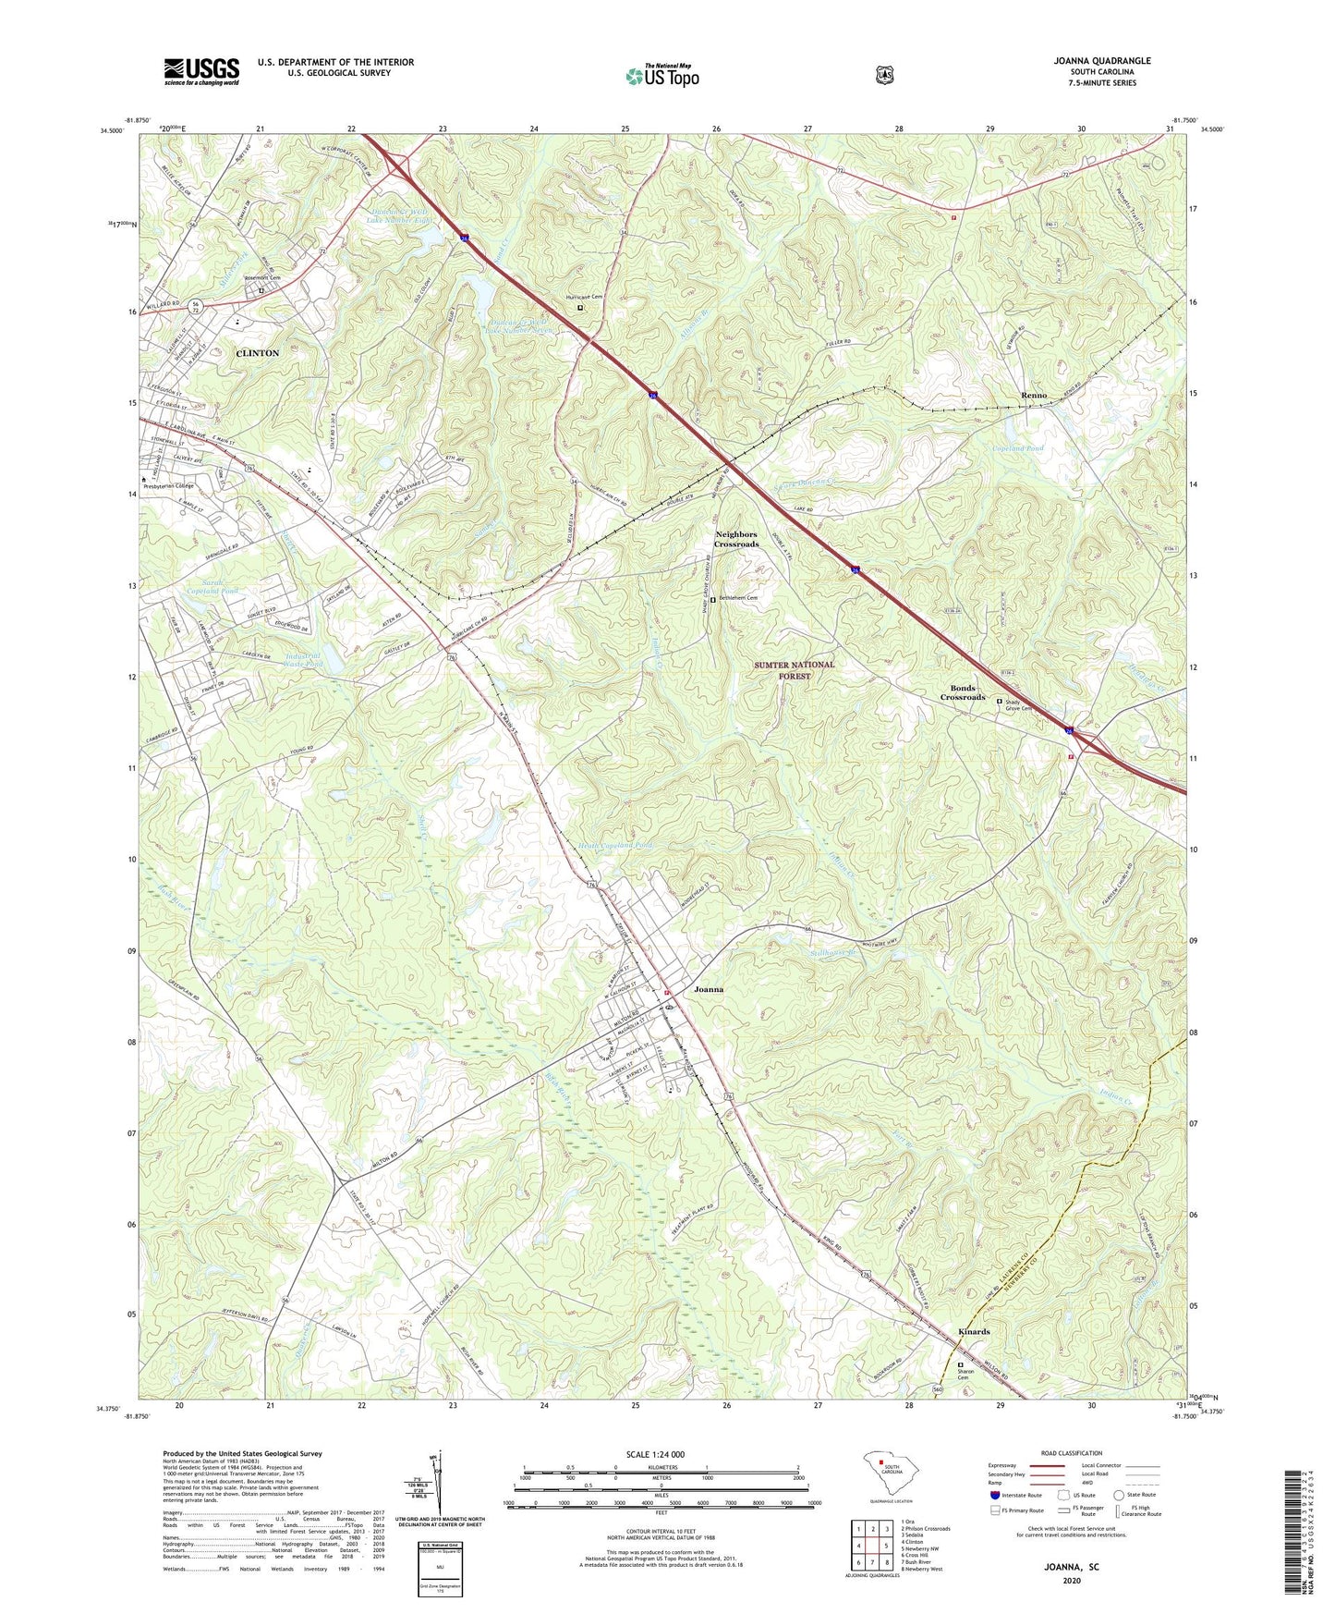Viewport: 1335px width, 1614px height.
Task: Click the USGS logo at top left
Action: coord(201,71)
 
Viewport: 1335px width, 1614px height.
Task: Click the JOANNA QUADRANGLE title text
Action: coord(1102,61)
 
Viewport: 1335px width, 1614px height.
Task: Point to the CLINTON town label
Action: coord(257,353)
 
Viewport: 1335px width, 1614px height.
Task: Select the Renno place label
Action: coord(1034,396)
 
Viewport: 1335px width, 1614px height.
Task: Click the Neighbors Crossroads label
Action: coord(736,539)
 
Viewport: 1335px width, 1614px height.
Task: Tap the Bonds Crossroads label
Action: coord(963,692)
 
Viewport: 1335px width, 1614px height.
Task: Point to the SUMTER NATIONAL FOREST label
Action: coord(794,670)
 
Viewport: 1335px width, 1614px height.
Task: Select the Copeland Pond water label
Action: coord(1017,448)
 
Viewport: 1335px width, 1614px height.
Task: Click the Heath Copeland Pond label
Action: coord(614,846)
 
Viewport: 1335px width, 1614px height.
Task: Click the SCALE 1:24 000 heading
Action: coord(655,1454)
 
